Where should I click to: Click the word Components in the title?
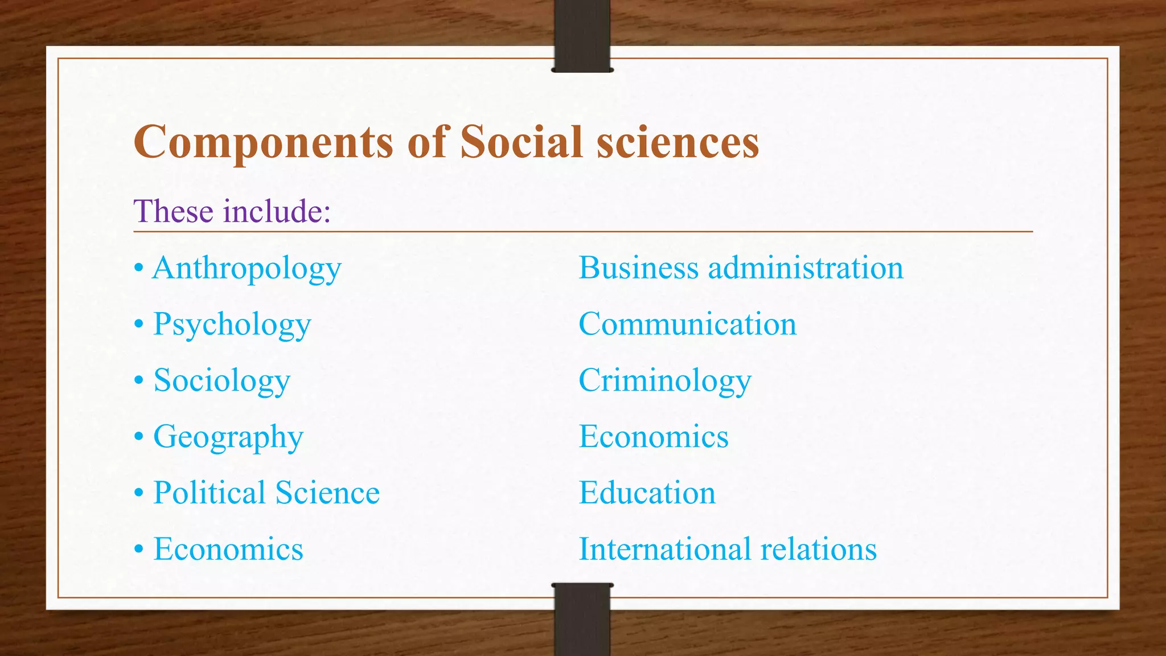[263, 142]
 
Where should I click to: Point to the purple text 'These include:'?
[232, 211]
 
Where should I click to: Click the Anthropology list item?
[247, 268]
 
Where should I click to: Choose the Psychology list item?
[232, 325]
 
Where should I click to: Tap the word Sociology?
[222, 380]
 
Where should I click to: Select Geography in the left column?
[228, 437]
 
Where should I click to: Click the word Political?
[210, 493]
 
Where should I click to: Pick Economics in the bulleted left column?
[228, 549]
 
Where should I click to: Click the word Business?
[638, 268]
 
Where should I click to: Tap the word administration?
[806, 268]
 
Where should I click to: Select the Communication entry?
[687, 324]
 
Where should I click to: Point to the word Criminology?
[665, 380]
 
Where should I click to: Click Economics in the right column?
[654, 437]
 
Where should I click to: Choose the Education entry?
[647, 493]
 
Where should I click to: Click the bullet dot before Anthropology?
[139, 268]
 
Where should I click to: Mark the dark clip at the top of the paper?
[582, 35]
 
